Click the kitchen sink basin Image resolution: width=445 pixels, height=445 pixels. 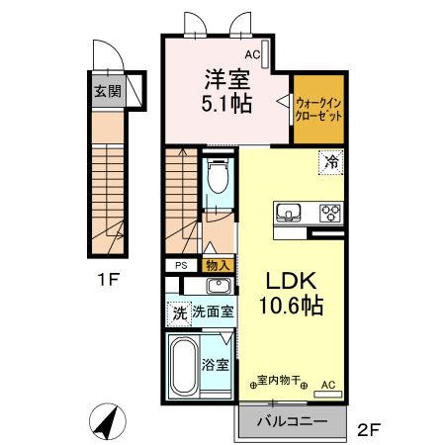(290, 213)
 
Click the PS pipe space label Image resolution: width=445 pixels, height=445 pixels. (180, 265)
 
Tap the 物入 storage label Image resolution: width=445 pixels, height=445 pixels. (218, 265)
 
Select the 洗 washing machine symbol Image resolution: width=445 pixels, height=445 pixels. (179, 311)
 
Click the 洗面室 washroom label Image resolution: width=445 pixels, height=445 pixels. (214, 311)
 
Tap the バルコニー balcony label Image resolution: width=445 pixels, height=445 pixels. (293, 422)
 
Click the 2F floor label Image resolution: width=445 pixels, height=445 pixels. (368, 428)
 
